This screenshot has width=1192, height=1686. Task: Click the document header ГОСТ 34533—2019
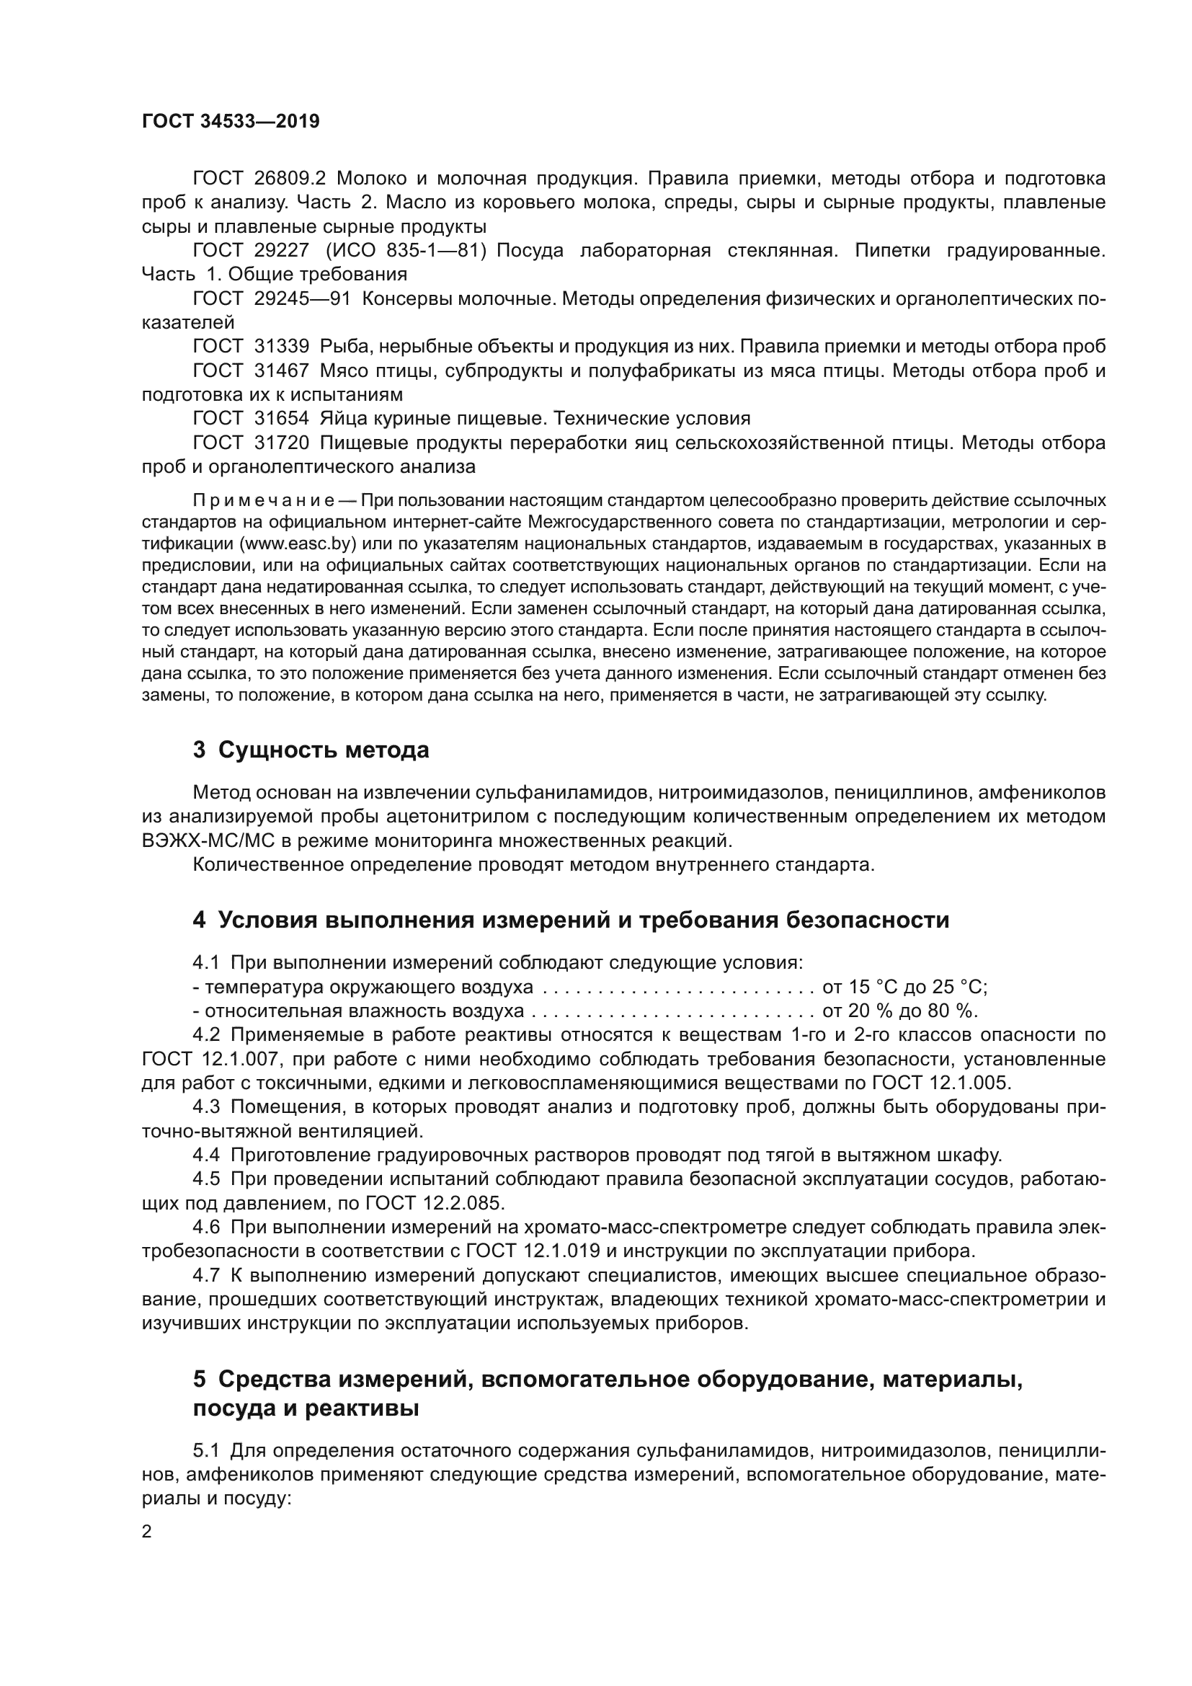point(231,121)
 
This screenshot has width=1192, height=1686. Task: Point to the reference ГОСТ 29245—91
point(272,299)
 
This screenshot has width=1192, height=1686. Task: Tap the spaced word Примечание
point(264,501)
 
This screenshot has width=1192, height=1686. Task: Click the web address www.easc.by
point(297,543)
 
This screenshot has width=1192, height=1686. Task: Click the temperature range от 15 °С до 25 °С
point(904,987)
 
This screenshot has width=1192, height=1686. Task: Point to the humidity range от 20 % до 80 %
point(900,1011)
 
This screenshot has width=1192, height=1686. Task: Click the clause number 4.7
point(205,1276)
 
